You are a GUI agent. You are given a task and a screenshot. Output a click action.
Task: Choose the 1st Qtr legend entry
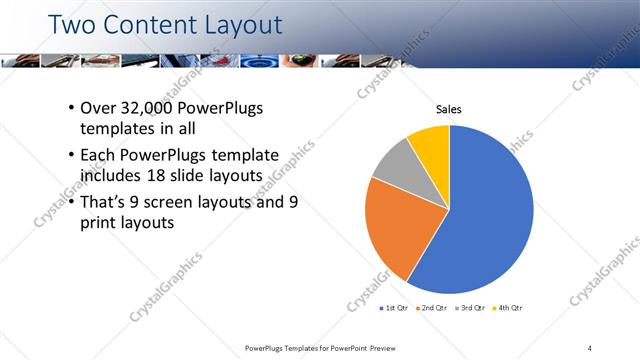click(x=395, y=309)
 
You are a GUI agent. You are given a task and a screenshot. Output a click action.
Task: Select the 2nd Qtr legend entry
click(x=431, y=309)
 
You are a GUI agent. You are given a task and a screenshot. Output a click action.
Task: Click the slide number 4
click(x=590, y=347)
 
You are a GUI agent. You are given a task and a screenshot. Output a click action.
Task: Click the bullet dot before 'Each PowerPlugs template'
click(x=71, y=155)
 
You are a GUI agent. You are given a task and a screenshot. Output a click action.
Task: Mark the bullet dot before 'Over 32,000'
click(x=71, y=108)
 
